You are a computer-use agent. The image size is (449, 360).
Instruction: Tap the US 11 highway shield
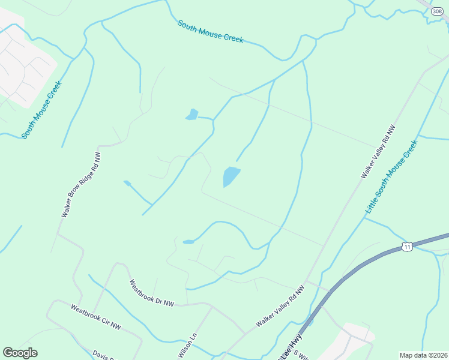(408, 247)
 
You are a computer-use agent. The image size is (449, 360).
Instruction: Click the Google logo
(20, 353)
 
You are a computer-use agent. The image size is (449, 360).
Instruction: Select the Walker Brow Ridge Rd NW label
(81, 185)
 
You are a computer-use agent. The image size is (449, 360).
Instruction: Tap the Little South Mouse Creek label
(391, 178)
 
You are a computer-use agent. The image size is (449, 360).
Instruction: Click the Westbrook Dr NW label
(152, 293)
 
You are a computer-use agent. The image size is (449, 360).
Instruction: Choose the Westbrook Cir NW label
(96, 317)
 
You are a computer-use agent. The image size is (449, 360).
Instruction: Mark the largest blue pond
(231, 176)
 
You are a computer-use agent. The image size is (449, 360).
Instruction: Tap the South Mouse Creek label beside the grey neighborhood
(42, 110)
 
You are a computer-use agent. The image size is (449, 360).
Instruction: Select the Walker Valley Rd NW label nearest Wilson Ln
(280, 306)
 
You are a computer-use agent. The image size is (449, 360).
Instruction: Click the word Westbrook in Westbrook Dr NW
(142, 289)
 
